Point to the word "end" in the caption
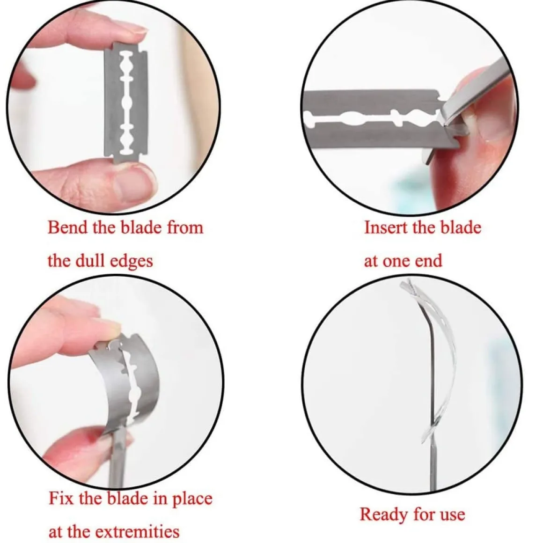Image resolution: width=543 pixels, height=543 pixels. tap(429, 261)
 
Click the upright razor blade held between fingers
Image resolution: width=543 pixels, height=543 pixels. tap(126, 103)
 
